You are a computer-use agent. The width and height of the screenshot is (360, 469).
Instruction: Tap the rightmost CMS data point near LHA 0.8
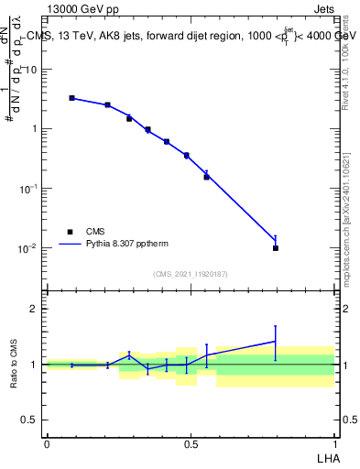coord(276,248)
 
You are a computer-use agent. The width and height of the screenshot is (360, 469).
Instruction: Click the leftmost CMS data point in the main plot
coord(72,98)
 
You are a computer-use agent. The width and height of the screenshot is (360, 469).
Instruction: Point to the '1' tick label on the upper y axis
coord(34,128)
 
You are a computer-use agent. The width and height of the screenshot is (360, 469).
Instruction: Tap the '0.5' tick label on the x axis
coord(191,443)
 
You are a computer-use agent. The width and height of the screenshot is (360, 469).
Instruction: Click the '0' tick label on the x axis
coord(46,443)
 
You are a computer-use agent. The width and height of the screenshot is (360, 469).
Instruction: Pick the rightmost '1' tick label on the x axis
coord(334,443)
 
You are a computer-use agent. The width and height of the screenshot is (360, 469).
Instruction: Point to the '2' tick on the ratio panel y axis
coord(34,309)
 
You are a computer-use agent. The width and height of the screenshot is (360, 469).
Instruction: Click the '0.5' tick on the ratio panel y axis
coord(29,420)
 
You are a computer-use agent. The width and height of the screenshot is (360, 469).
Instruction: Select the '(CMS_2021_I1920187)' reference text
coord(191,274)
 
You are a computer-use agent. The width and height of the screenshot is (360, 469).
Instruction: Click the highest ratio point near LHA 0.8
coord(276,342)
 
